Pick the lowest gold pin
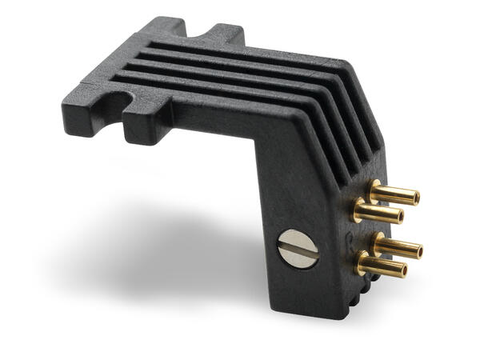[381, 266]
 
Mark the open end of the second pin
[398, 217]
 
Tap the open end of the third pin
[417, 250]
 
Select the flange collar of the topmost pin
[375, 189]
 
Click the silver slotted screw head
[298, 250]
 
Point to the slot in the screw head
[298, 250]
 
